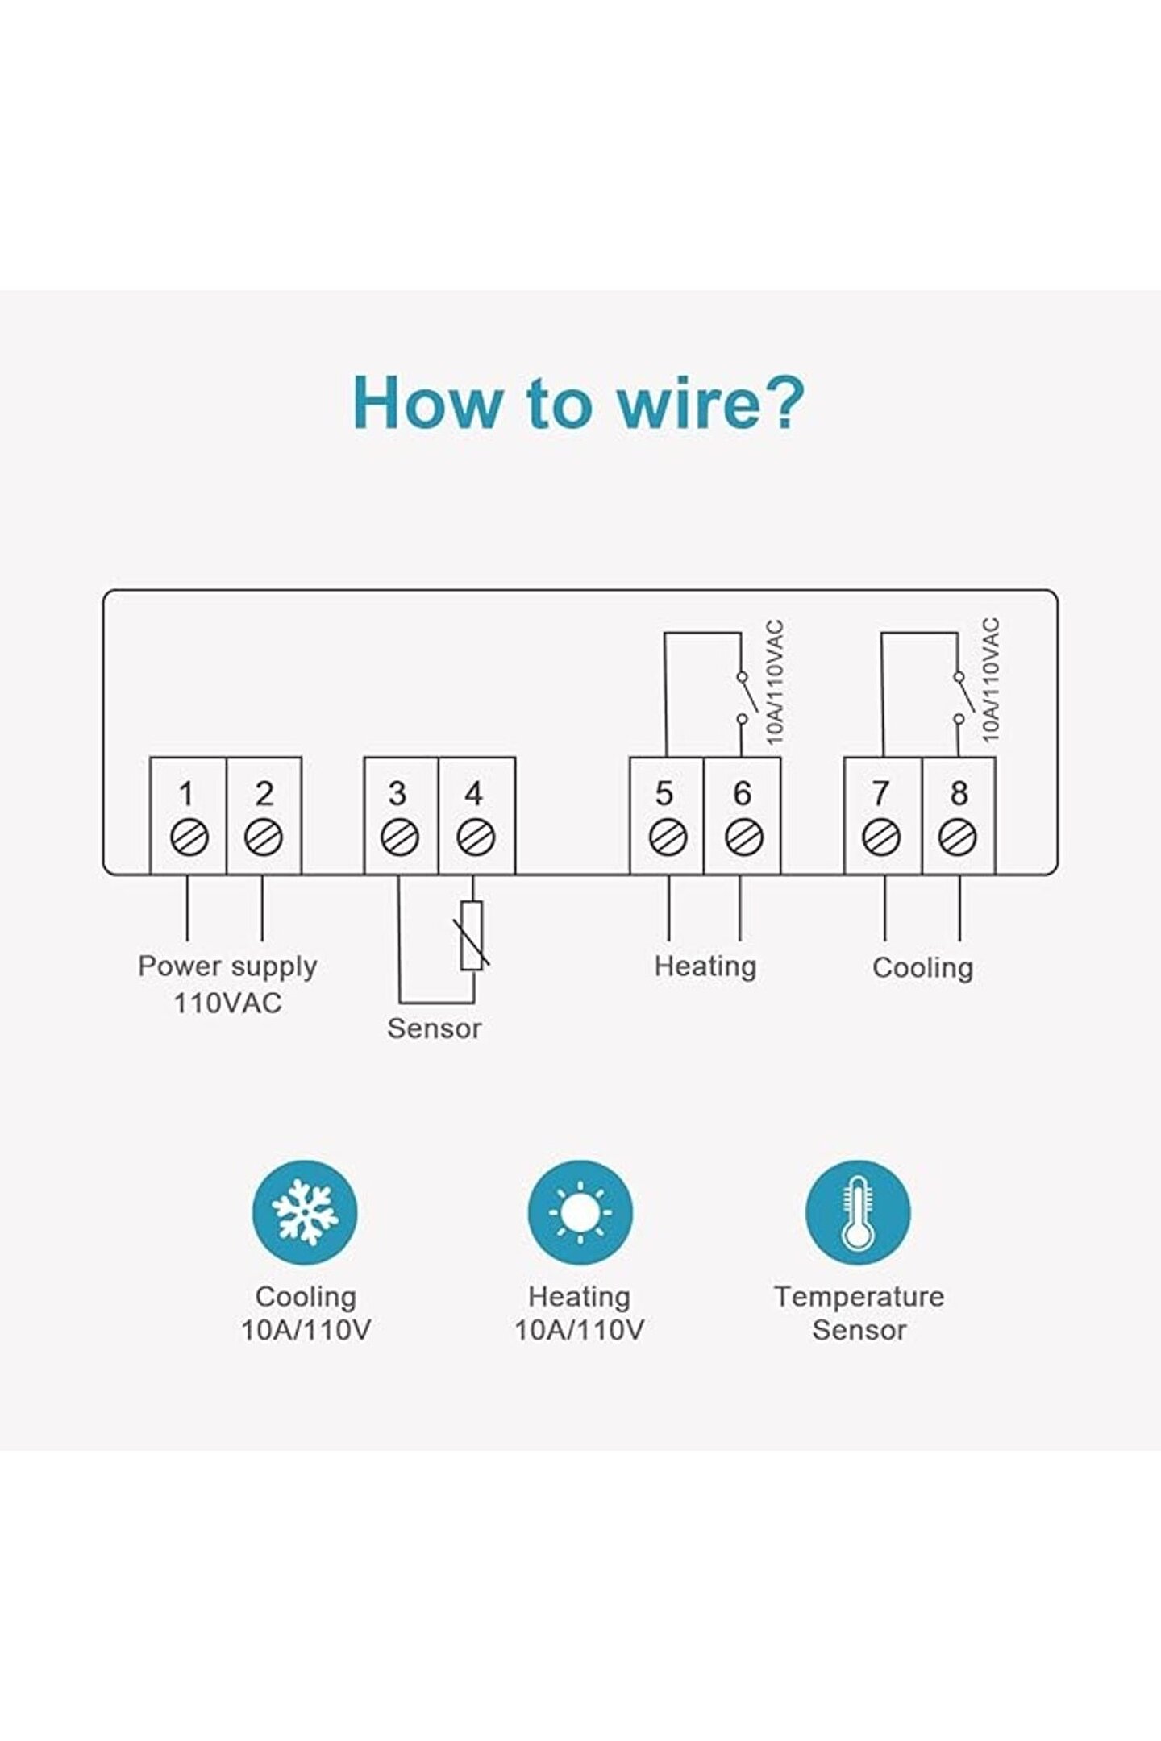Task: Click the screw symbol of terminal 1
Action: coord(189,838)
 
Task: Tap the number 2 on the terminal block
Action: coord(264,794)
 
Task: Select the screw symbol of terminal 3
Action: coord(400,838)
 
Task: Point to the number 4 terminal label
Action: coord(474,794)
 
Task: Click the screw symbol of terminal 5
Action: coord(668,838)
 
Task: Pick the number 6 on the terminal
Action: coord(743,794)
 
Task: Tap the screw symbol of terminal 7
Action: coord(881,838)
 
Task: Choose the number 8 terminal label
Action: coord(959,794)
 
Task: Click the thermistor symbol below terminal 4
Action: coord(472,936)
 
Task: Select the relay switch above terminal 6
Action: coord(745,697)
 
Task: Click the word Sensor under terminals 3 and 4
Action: coord(435,1028)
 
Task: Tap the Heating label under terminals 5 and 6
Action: coord(705,966)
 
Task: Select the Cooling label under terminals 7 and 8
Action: coord(923,967)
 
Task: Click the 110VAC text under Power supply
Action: coord(228,1003)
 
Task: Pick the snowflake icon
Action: coord(305,1212)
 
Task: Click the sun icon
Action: coord(580,1212)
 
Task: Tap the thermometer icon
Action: coord(858,1212)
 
